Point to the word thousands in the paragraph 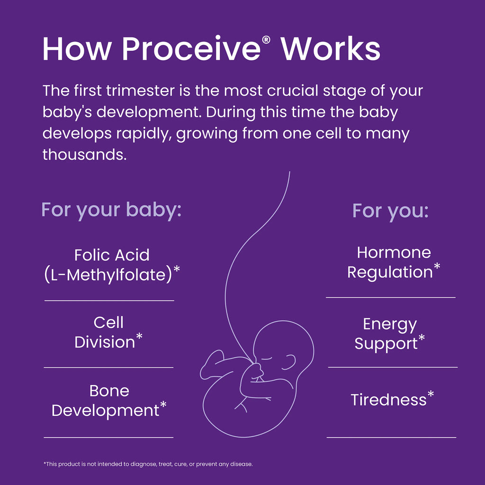[x=84, y=154]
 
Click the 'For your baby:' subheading [x=112, y=209]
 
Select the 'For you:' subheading [x=390, y=210]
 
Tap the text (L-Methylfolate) [x=108, y=275]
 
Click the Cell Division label [x=108, y=332]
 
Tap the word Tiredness [x=388, y=400]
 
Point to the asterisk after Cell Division [x=139, y=337]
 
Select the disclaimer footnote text [x=148, y=464]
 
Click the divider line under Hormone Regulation [x=391, y=297]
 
